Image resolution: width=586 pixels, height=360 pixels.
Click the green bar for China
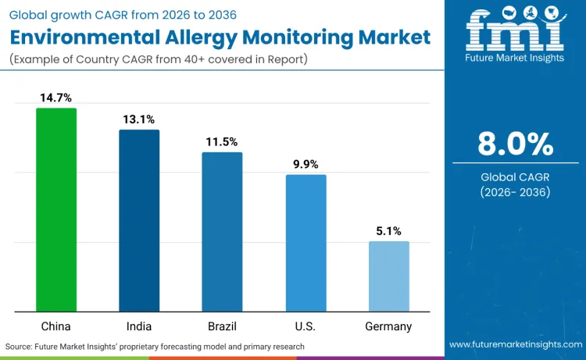point(56,210)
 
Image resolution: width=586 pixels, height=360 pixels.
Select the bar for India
point(139,221)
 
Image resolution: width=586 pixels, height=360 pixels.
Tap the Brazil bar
point(222,232)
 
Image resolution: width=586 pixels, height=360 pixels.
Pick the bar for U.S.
point(306,243)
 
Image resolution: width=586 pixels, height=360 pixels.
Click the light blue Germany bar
point(388,276)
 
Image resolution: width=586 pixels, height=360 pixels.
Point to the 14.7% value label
point(56,98)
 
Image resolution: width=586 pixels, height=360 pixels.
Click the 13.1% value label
point(139,119)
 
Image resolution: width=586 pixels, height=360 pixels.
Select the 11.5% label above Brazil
point(222,142)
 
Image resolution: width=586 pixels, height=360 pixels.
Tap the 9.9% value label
point(306,164)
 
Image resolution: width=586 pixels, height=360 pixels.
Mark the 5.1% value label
point(388,231)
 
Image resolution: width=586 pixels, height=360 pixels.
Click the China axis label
point(56,326)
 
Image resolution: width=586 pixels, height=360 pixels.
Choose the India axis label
point(139,326)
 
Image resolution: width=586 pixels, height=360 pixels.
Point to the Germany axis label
point(388,326)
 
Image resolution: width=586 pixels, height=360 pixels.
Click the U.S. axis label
point(306,326)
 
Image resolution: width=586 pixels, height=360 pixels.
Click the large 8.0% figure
point(516,144)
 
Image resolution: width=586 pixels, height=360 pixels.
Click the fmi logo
point(516,31)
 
